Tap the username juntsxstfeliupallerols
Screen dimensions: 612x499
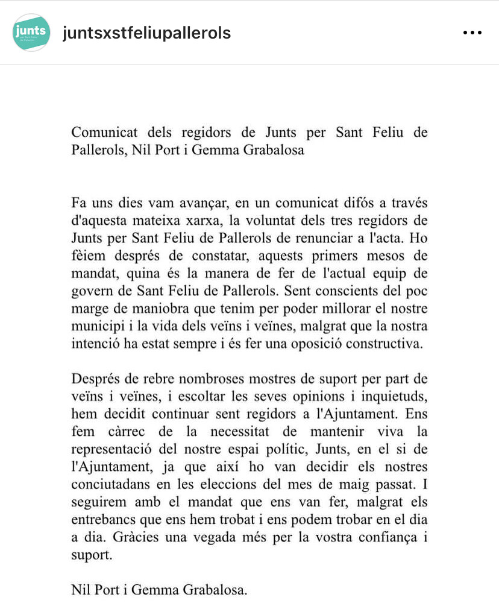[x=146, y=33]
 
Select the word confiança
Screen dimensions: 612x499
[x=387, y=538]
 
